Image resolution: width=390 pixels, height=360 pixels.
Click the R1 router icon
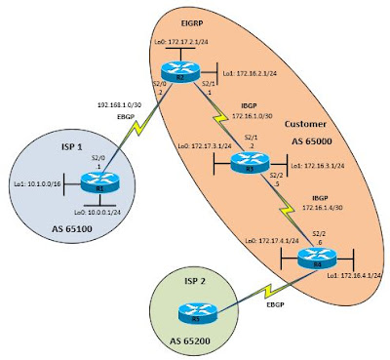(x=94, y=179)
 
